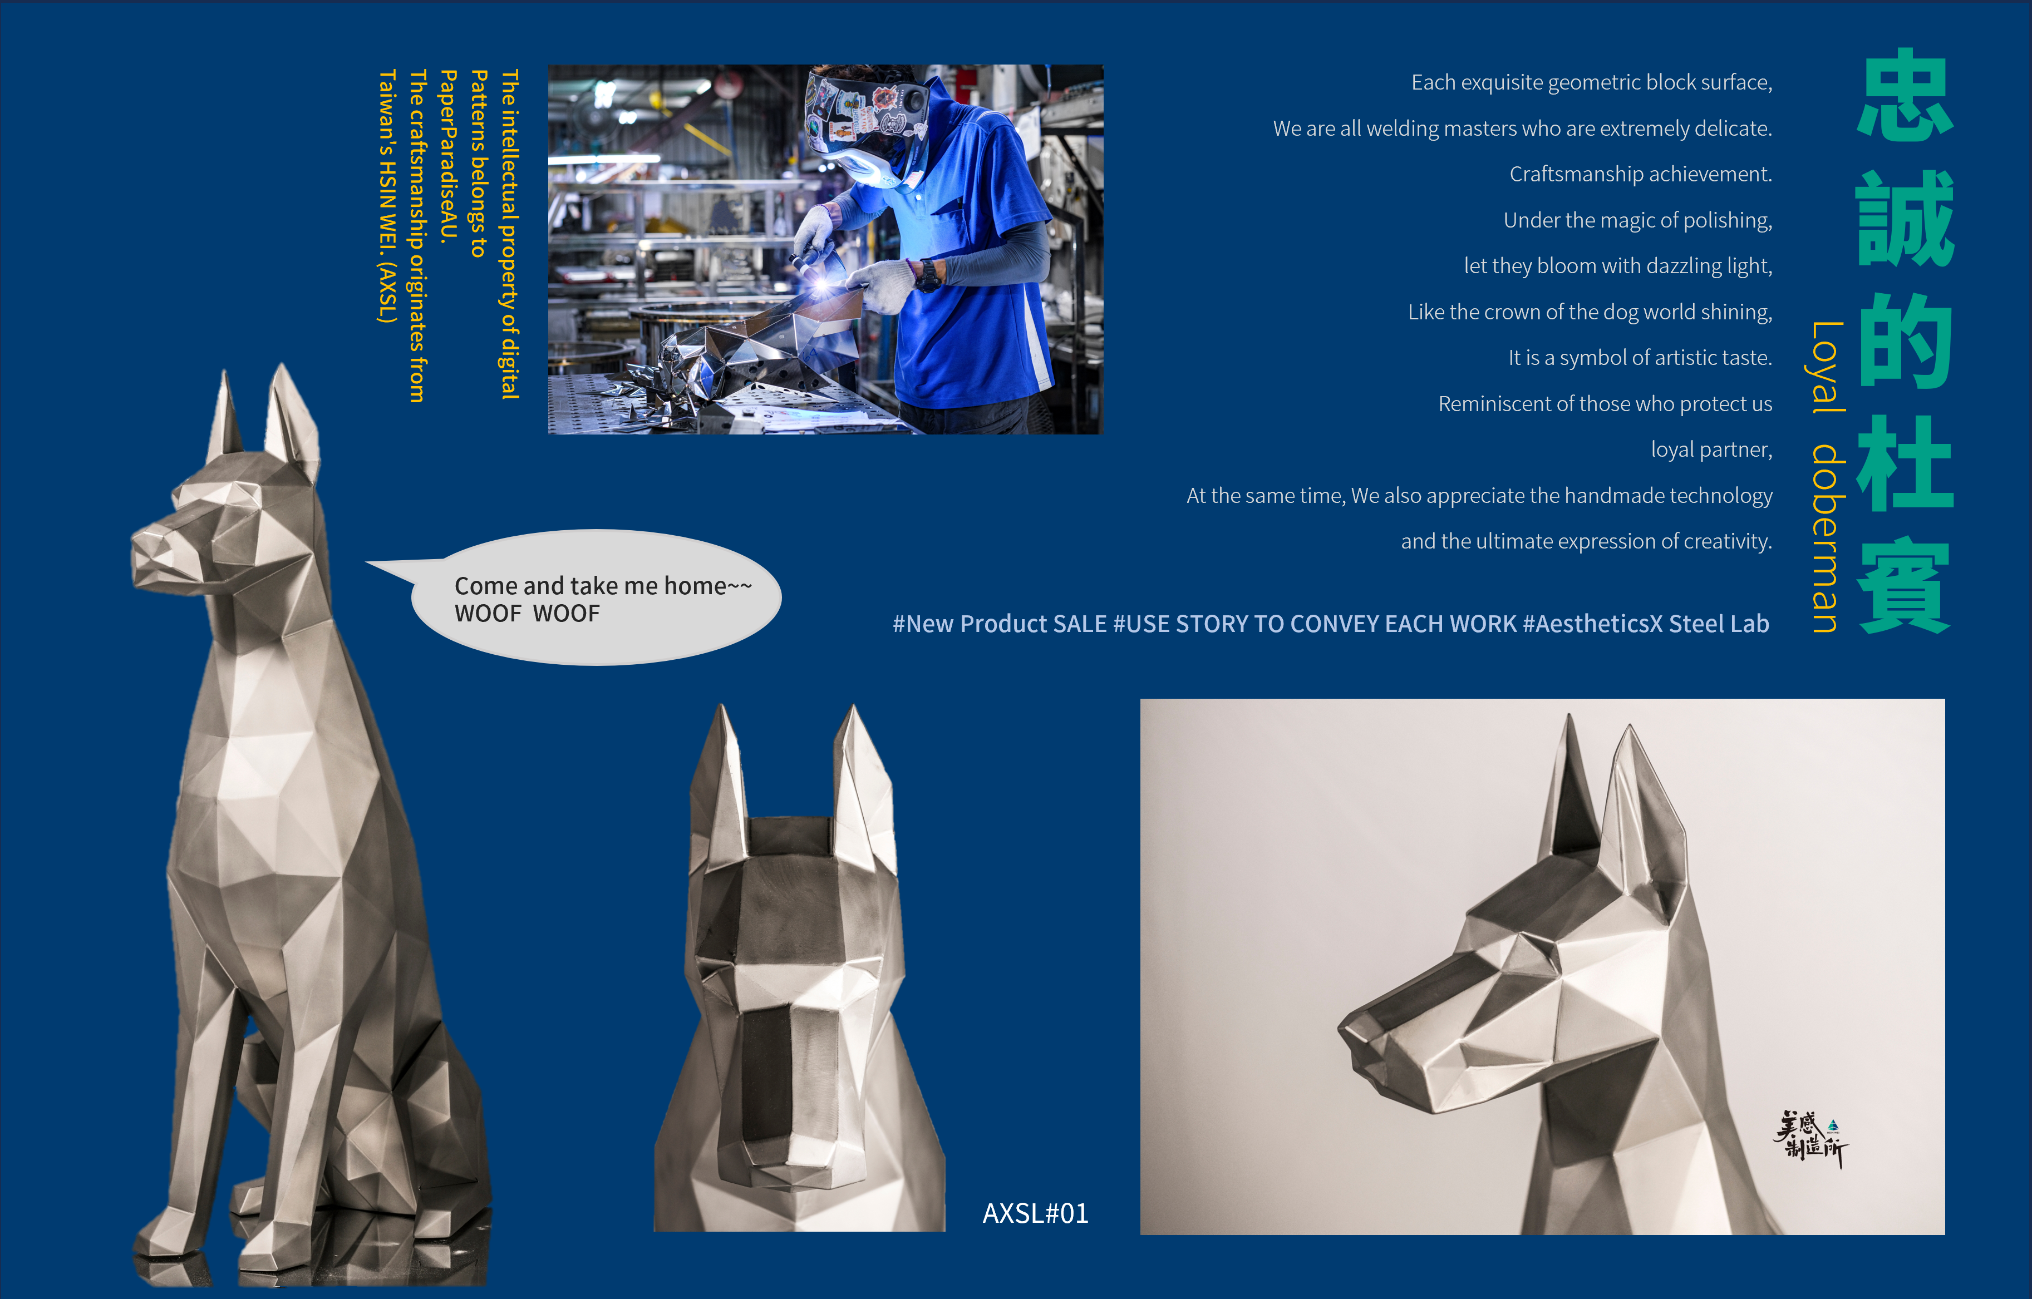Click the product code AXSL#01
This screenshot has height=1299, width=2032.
point(1035,1213)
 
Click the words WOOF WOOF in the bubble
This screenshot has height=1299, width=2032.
point(528,613)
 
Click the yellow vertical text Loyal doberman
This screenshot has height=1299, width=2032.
point(1828,477)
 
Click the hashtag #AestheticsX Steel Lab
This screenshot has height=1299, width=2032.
point(1646,624)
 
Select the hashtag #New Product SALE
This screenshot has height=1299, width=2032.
point(1000,624)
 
